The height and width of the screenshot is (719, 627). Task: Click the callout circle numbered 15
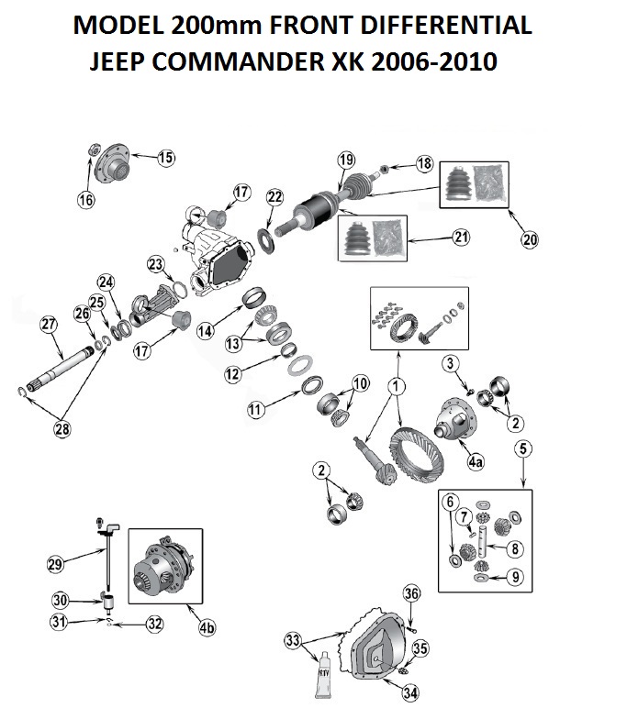tap(164, 158)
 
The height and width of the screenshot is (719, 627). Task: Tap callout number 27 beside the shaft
tap(49, 325)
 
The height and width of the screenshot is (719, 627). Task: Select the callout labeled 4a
tap(475, 464)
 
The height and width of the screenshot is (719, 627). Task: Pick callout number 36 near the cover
tap(412, 594)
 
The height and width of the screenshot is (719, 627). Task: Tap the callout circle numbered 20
tap(530, 240)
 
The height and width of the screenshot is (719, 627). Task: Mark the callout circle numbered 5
tap(522, 449)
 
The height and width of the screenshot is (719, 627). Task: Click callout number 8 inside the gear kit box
tap(514, 548)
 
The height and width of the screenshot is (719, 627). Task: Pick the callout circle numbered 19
tap(345, 161)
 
